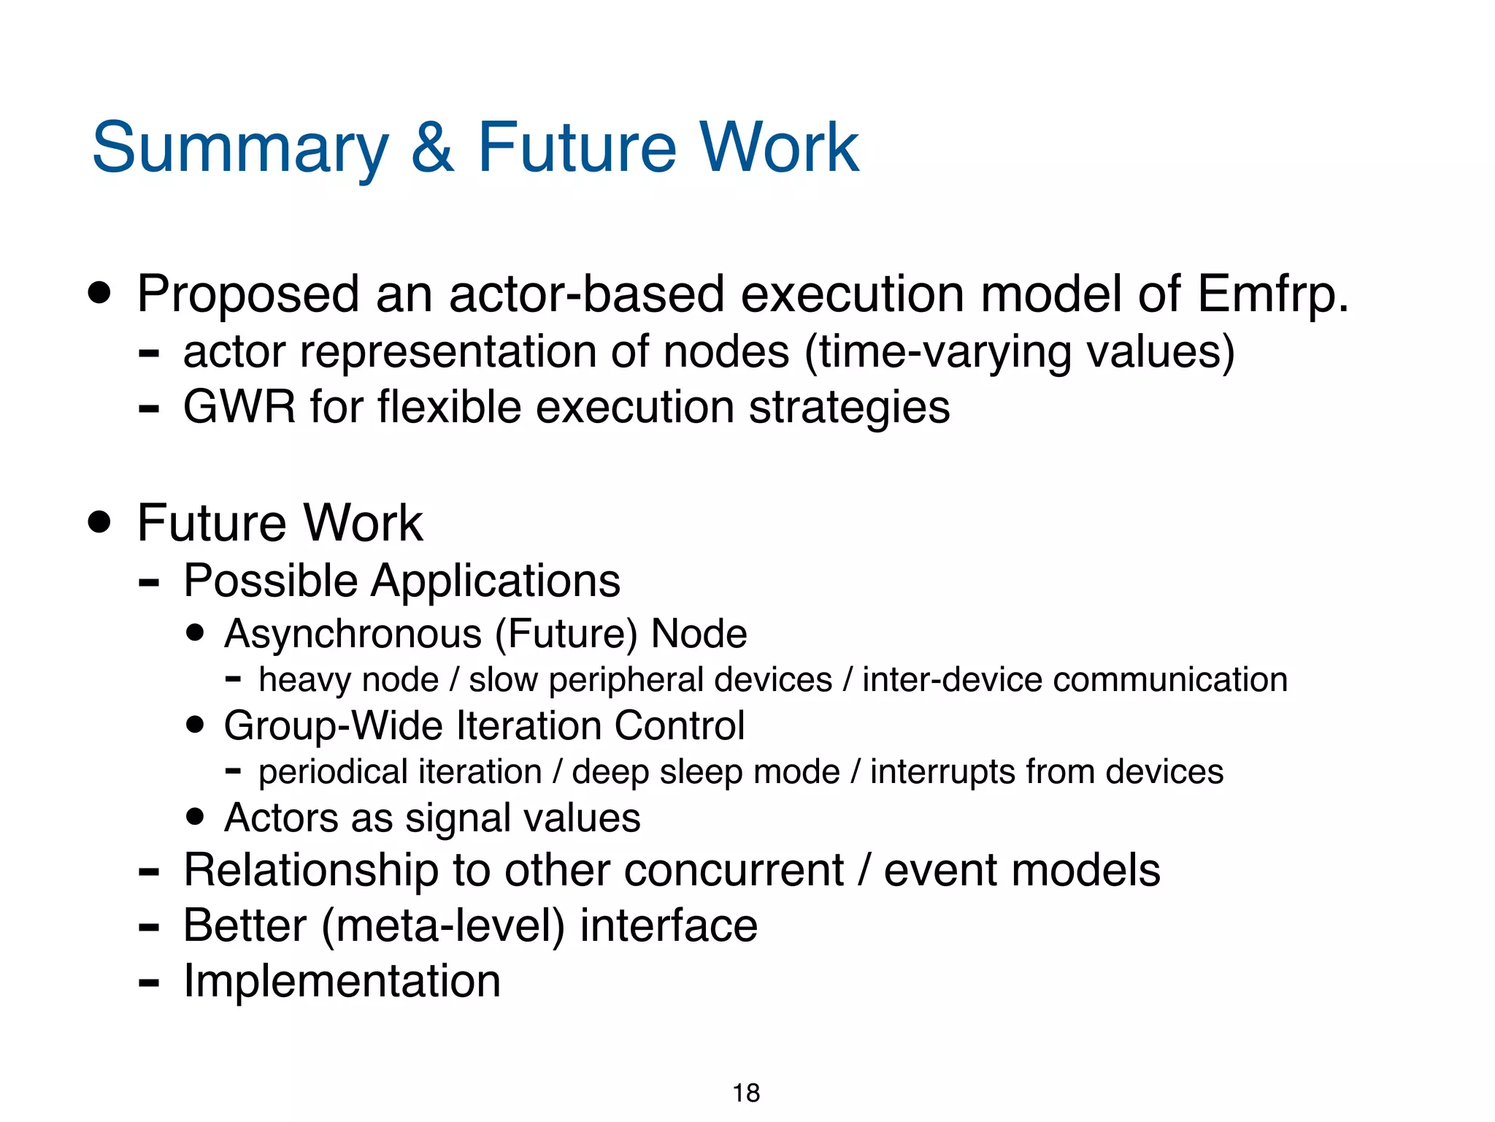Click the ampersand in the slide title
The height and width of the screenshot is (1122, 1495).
click(x=433, y=148)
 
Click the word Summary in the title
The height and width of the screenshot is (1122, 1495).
click(x=240, y=148)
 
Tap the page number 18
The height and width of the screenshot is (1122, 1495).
click(x=746, y=1093)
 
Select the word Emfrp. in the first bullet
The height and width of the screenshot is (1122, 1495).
click(x=1272, y=294)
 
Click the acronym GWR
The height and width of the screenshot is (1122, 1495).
click(x=239, y=407)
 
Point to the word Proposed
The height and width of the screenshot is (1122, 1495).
click(x=247, y=294)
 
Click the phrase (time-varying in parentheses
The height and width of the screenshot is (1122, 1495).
click(x=937, y=351)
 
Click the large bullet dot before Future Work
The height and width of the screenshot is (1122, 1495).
click(x=99, y=522)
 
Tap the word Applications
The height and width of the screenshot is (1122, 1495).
click(x=496, y=581)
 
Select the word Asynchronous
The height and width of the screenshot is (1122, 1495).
click(x=353, y=633)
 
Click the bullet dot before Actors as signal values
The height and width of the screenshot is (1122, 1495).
click(x=195, y=817)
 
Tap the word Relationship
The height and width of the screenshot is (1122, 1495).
click(x=311, y=870)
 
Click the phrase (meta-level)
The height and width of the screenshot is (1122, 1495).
click(x=443, y=926)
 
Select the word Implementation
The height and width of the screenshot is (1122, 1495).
click(x=342, y=980)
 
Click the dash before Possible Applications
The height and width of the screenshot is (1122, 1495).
click(x=149, y=582)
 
